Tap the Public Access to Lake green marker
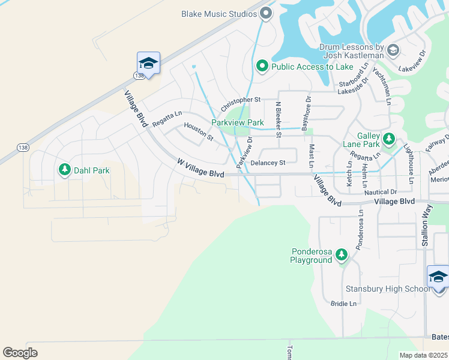pos(262,67)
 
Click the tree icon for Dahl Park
pos(64,170)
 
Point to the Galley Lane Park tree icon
pos(389,140)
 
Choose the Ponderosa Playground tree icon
pos(342,256)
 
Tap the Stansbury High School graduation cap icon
pos(438,278)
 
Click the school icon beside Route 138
pos(148,63)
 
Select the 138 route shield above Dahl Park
pos(23,148)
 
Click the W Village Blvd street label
pos(200,168)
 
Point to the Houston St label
pos(199,132)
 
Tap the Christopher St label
pos(241,104)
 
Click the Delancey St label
pos(267,163)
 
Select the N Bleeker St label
pos(278,119)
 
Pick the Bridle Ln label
pos(343,304)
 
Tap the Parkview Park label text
pos(237,122)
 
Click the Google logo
pos(20,352)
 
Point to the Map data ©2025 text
pos(423,355)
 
